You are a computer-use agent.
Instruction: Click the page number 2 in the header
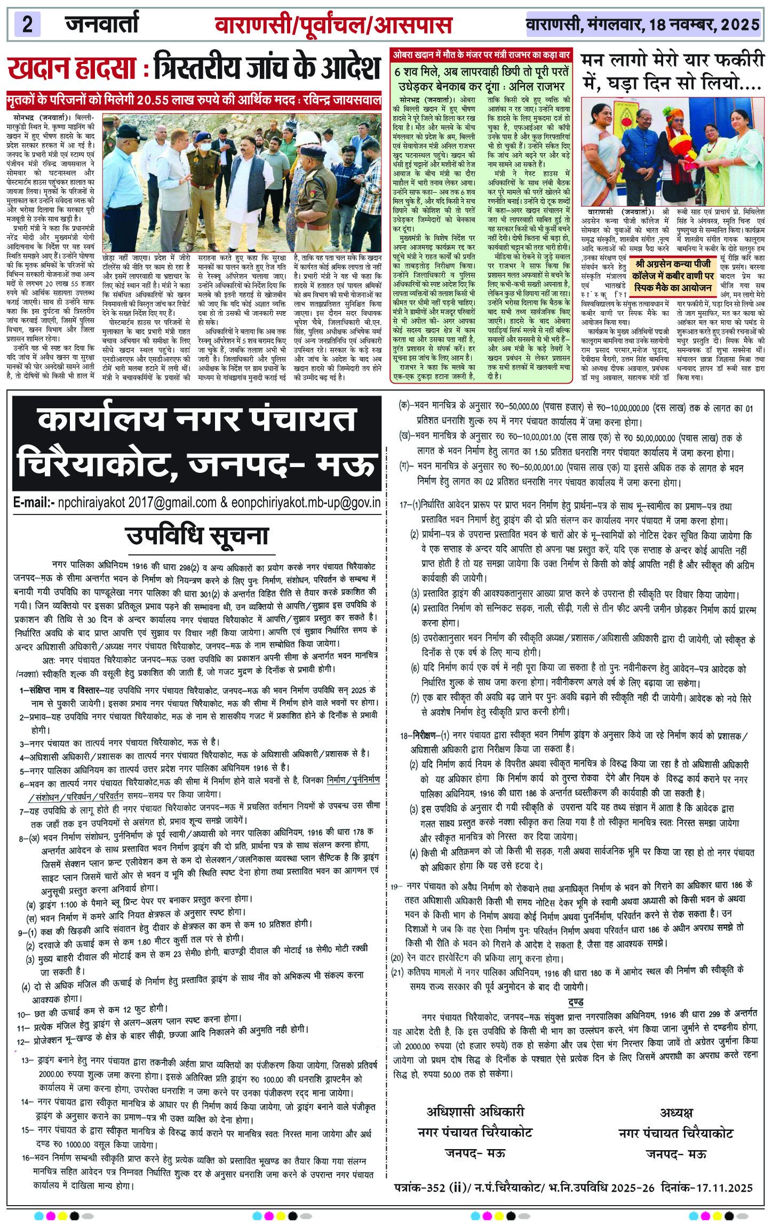pyautogui.click(x=28, y=25)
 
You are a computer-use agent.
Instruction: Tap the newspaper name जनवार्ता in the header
pyautogui.click(x=102, y=24)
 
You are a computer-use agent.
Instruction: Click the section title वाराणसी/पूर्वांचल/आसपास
pyautogui.click(x=333, y=25)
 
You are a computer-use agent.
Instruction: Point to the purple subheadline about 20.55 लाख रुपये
pyautogui.click(x=194, y=100)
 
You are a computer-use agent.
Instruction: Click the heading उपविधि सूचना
pyautogui.click(x=197, y=536)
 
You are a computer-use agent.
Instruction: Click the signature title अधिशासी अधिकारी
pyautogui.click(x=475, y=1112)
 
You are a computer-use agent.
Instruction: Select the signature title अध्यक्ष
pyautogui.click(x=676, y=1112)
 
